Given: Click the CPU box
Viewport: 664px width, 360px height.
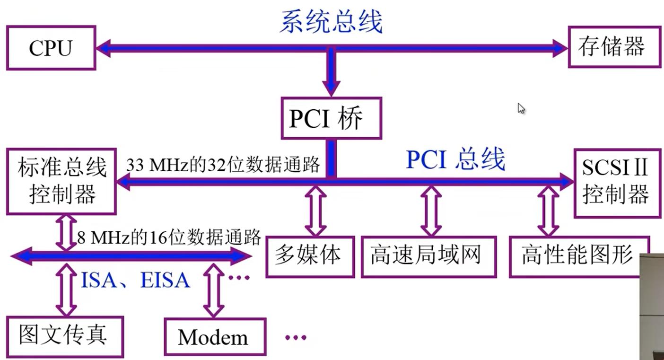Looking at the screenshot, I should (x=51, y=48).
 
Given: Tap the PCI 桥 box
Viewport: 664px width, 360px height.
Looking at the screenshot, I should (x=331, y=118).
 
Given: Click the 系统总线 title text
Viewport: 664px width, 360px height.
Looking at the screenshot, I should (x=331, y=21).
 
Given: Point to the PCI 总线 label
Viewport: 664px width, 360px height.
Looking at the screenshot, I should (x=455, y=160).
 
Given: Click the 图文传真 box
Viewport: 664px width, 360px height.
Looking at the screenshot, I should (x=64, y=336).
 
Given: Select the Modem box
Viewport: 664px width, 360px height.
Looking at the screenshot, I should (x=214, y=337).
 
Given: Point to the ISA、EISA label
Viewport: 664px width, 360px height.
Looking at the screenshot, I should (x=135, y=281).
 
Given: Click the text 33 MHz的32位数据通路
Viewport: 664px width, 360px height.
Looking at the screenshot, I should (x=223, y=166).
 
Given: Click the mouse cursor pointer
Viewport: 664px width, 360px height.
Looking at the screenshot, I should (x=521, y=109).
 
